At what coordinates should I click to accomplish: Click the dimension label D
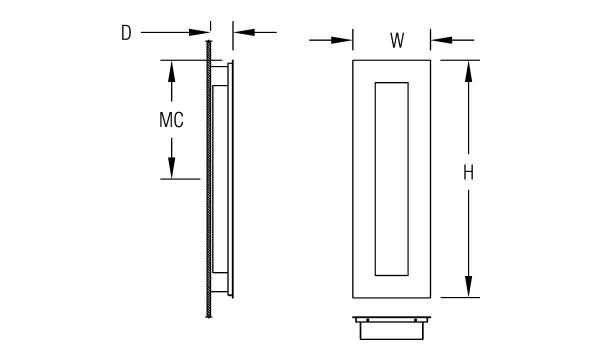click(126, 33)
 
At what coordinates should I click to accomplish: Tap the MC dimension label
click(171, 120)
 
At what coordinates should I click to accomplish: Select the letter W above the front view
click(397, 40)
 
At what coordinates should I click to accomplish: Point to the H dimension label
click(468, 173)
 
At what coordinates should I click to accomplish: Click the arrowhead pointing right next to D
click(199, 33)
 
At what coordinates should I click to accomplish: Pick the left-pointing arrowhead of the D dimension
click(244, 33)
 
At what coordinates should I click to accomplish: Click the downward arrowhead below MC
click(171, 168)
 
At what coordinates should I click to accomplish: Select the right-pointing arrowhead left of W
click(342, 40)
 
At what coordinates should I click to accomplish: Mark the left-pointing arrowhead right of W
click(442, 40)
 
